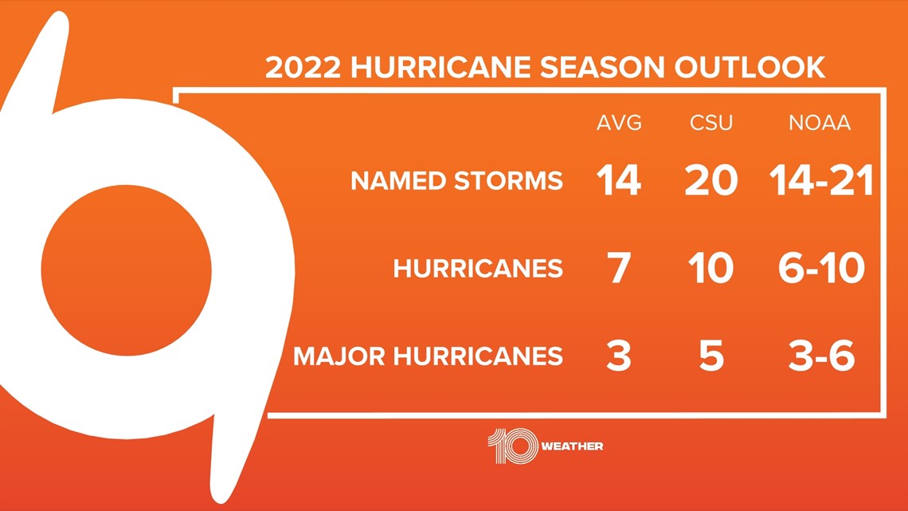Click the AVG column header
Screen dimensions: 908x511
pyautogui.click(x=619, y=123)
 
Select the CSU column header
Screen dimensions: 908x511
pyautogui.click(x=711, y=123)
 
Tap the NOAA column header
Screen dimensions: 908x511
pyautogui.click(x=820, y=123)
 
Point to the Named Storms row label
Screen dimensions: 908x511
pyautogui.click(x=457, y=181)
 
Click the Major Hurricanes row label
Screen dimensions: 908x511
pyautogui.click(x=428, y=356)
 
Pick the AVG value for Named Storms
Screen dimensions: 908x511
pyautogui.click(x=618, y=180)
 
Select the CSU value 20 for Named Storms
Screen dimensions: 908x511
pyautogui.click(x=711, y=180)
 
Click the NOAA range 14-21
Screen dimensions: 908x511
pyautogui.click(x=821, y=180)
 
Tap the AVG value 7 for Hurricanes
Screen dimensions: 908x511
pyautogui.click(x=618, y=268)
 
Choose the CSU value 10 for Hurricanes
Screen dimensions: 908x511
pyautogui.click(x=711, y=268)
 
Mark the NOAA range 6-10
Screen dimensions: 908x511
pyautogui.click(x=821, y=268)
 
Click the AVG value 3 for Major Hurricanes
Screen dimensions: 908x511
pyautogui.click(x=618, y=356)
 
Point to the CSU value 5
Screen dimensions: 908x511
pyautogui.click(x=711, y=356)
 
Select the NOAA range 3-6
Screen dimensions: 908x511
pyautogui.click(x=821, y=356)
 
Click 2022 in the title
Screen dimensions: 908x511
pyautogui.click(x=303, y=67)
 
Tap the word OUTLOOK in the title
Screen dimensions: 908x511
pyautogui.click(x=750, y=67)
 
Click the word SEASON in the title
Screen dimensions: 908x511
pyautogui.click(x=602, y=67)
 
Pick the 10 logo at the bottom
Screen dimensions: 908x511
pyautogui.click(x=512, y=446)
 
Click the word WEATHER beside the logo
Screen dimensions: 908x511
pyautogui.click(x=572, y=446)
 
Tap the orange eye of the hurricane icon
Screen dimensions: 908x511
pyautogui.click(x=126, y=270)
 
